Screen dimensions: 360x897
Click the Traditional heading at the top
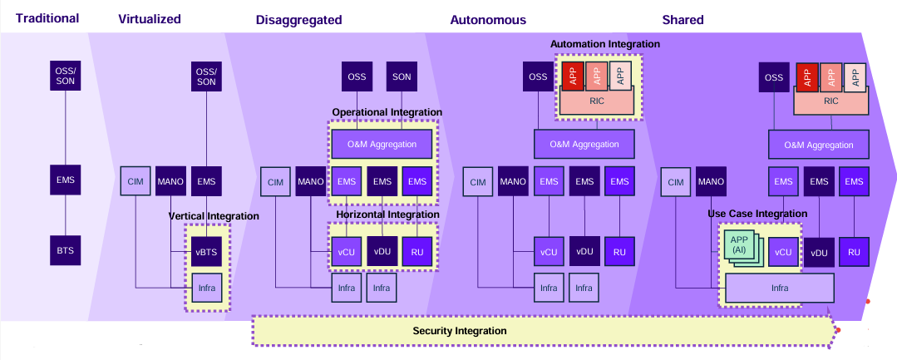[x=47, y=18]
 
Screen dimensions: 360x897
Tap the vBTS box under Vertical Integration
[x=206, y=251]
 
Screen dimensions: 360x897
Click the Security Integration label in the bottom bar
[x=460, y=331]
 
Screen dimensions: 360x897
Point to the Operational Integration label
[x=387, y=112]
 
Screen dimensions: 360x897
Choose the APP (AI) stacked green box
[x=738, y=247]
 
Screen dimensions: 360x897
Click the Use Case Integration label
[x=757, y=214]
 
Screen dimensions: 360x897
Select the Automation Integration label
[x=604, y=44]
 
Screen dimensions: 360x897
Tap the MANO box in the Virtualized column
[x=170, y=181]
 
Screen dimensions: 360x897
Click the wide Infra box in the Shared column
[x=779, y=288]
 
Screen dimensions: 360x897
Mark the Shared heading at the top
[x=683, y=19]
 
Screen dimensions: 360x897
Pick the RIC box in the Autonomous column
[x=598, y=101]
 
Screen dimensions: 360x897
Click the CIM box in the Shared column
[x=676, y=182]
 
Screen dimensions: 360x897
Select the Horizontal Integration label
[x=387, y=215]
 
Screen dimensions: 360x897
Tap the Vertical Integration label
[x=214, y=216]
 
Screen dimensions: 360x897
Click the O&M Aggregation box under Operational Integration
[x=382, y=144]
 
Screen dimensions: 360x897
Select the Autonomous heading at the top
[x=488, y=19]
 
